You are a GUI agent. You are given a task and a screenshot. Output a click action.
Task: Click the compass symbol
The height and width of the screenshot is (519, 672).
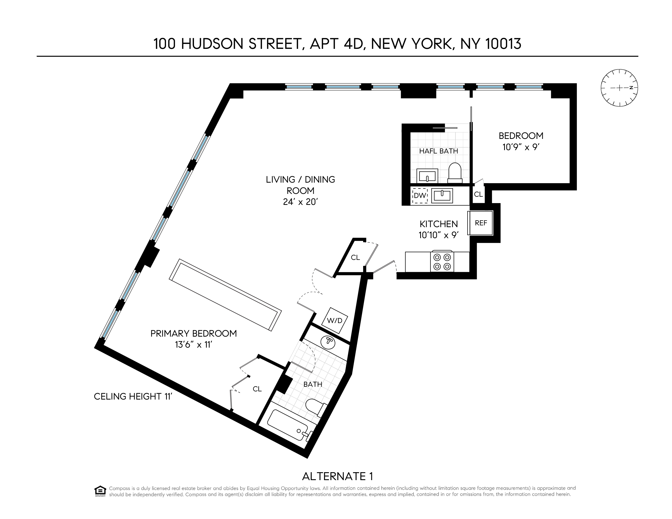point(619,88)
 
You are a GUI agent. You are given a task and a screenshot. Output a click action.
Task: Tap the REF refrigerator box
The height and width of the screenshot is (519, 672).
point(481,223)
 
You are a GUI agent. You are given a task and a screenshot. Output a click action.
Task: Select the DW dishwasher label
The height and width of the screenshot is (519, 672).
point(420,196)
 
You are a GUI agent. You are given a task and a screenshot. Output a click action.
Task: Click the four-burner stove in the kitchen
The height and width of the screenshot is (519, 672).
point(442,261)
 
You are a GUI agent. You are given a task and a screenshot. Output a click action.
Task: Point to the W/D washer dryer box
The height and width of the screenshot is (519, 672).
point(334,320)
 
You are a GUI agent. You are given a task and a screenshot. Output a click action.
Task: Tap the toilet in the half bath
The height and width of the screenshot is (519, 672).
point(455,171)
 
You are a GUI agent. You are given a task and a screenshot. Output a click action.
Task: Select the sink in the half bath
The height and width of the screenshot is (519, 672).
point(427,176)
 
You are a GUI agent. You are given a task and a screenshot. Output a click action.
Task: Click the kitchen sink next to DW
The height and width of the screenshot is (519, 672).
point(442,195)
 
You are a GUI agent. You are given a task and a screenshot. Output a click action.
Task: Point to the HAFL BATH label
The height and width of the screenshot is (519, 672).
point(438,151)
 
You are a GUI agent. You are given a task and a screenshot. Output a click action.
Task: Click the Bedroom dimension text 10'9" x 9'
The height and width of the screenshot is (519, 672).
point(521,147)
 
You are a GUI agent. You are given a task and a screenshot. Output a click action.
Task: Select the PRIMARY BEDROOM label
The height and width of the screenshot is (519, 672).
point(193,334)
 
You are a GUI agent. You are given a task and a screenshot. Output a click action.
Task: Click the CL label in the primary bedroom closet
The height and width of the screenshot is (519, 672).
point(257,389)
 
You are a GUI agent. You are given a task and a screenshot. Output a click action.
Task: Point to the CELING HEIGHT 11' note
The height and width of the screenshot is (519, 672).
point(133,396)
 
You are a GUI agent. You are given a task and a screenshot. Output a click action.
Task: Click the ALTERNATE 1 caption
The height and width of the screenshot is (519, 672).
point(338,476)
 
